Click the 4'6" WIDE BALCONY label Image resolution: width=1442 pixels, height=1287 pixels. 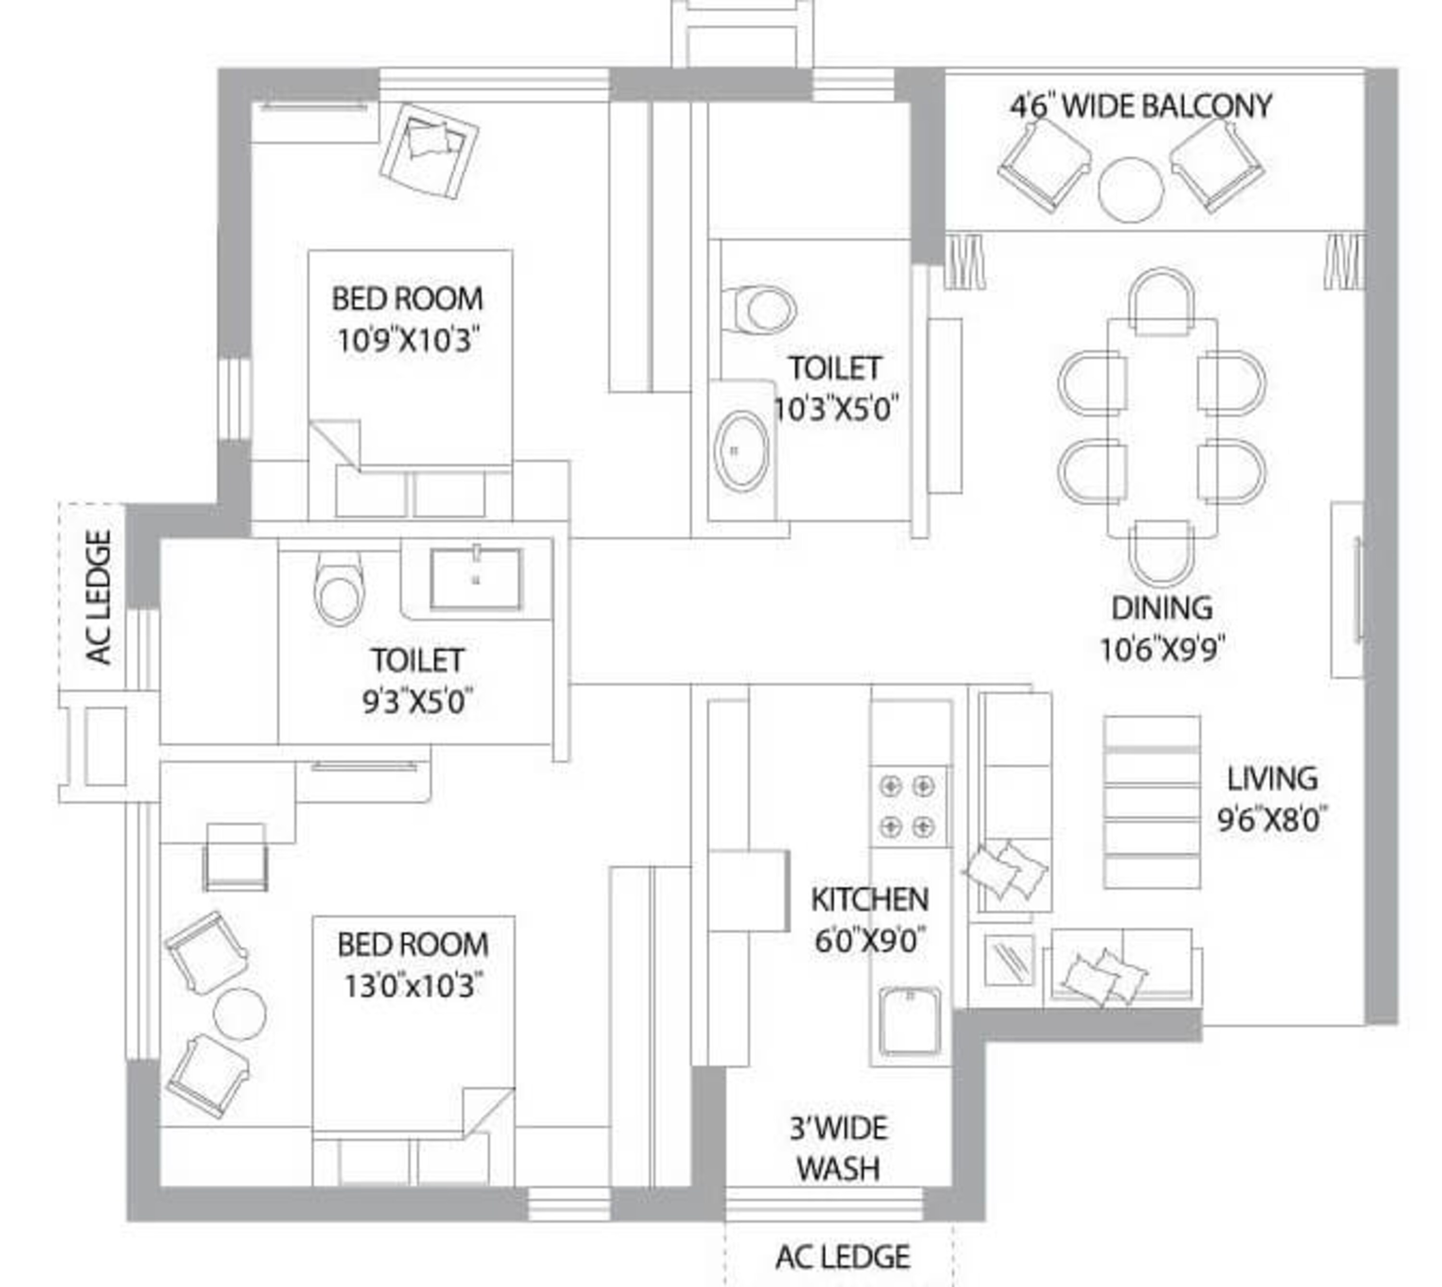click(1140, 107)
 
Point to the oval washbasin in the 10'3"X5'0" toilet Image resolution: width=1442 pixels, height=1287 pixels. click(741, 450)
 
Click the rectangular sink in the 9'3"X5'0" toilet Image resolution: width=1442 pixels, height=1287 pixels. click(476, 579)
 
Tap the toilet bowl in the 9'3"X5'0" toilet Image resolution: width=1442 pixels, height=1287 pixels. click(339, 588)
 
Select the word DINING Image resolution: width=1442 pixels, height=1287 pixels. click(1162, 608)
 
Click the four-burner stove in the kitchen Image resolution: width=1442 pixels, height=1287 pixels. click(907, 805)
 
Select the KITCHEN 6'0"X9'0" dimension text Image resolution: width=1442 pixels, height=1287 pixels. click(869, 940)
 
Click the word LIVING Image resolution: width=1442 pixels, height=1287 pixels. click(1271, 779)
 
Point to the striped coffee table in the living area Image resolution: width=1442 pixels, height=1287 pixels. click(1151, 802)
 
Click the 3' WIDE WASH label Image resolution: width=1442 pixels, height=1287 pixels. click(839, 1149)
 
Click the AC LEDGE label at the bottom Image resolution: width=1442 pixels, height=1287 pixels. click(842, 1257)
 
